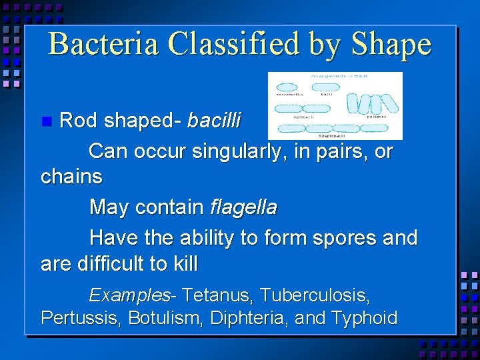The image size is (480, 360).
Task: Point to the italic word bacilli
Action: point(215,121)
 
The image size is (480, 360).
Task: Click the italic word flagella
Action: point(243,207)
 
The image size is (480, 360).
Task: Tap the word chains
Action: point(71,177)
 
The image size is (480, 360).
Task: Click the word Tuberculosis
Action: point(315,294)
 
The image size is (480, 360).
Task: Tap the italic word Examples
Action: point(129,294)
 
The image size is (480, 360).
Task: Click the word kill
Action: point(185,264)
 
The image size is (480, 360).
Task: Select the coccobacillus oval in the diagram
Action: point(288,87)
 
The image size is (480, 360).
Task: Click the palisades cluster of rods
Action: point(377,103)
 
